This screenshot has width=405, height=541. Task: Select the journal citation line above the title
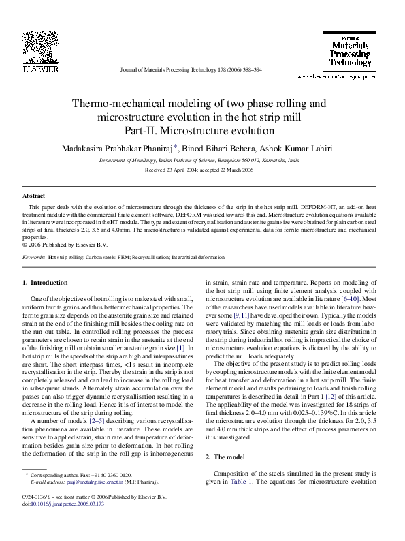tap(190, 70)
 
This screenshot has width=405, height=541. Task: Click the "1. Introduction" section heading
tap(45, 282)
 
